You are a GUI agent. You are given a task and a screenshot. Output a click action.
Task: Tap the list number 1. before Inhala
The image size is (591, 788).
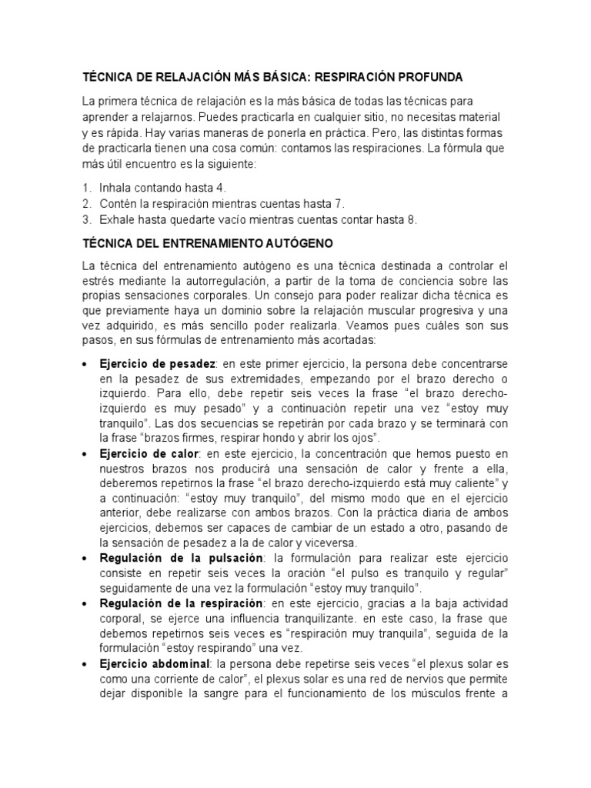click(x=87, y=187)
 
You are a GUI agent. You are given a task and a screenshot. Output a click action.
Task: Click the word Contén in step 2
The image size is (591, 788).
click(x=116, y=203)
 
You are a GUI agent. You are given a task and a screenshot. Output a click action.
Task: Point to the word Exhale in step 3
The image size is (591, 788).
click(x=116, y=219)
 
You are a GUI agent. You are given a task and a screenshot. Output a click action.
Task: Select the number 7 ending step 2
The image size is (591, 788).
click(x=340, y=203)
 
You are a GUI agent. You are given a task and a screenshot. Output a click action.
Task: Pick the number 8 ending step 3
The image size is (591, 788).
click(x=412, y=219)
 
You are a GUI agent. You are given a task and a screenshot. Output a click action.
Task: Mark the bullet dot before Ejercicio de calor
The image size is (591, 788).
click(x=85, y=456)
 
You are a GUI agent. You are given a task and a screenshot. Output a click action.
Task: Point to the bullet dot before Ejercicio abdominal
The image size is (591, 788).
click(x=85, y=664)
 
